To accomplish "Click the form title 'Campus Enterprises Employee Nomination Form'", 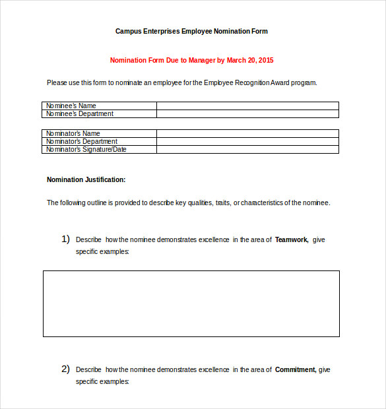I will pos(191,31).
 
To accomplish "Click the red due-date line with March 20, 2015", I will pos(191,60).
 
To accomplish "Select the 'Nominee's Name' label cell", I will pos(100,106).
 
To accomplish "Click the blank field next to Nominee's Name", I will pos(247,106).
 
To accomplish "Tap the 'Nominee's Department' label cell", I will pos(100,113).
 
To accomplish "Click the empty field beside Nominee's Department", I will pos(247,113).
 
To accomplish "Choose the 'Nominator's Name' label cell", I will pos(100,133).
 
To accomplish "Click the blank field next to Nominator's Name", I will pos(247,133).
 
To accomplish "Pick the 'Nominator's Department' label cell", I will pos(100,141).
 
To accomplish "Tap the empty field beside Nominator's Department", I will pos(247,141).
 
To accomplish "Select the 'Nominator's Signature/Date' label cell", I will pos(100,149).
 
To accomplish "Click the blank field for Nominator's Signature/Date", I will pos(247,149).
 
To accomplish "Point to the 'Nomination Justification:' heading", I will pos(86,179).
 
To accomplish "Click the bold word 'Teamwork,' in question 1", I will pos(292,239).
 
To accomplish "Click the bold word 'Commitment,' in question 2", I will pos(296,369).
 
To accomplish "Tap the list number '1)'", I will pos(65,239).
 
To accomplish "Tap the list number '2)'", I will pos(65,369).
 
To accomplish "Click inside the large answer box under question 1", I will pos(191,303).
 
